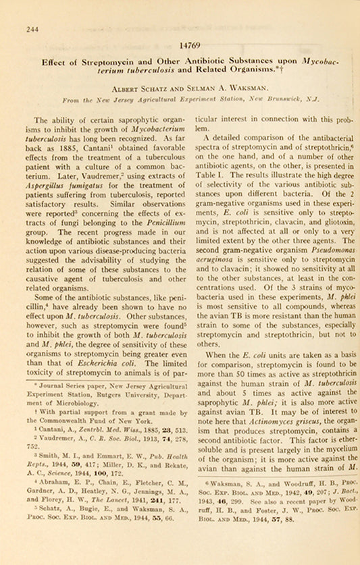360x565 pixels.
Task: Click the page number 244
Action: coord(32,29)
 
